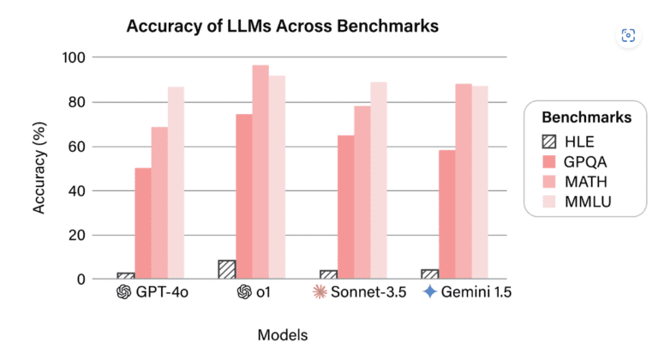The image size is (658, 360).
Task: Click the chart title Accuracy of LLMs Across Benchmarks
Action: (282, 27)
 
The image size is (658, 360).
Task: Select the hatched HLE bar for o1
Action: (227, 269)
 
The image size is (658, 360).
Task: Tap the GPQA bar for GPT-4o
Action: (143, 223)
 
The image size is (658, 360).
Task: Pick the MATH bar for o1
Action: (260, 171)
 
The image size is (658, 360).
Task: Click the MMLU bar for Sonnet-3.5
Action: (378, 180)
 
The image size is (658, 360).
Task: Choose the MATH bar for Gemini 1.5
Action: (463, 181)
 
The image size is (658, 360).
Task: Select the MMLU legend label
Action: (591, 201)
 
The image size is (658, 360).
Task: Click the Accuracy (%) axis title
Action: (39, 169)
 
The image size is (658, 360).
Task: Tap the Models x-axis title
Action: (282, 334)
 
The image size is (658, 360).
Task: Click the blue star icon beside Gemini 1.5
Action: (429, 292)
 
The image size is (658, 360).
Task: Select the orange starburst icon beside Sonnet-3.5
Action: (319, 292)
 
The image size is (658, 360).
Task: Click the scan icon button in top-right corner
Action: (628, 35)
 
